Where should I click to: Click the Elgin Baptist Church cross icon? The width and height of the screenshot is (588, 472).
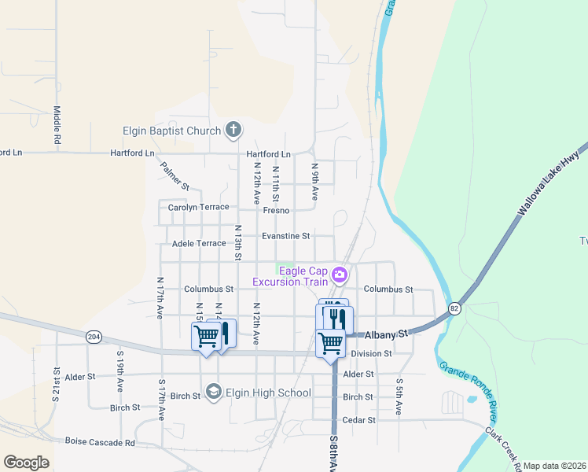(x=233, y=131)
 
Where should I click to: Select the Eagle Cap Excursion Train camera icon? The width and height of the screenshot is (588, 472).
(x=340, y=275)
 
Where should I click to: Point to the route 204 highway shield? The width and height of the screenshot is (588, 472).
(x=94, y=337)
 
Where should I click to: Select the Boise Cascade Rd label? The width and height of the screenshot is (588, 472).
(x=100, y=442)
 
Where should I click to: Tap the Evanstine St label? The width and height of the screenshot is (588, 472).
(x=285, y=235)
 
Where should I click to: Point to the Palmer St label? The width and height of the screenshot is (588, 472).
(x=175, y=176)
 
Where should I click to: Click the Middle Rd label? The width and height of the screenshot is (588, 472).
(x=57, y=125)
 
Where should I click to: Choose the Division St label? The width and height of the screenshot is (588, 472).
(x=371, y=354)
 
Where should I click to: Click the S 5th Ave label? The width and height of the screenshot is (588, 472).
(x=399, y=397)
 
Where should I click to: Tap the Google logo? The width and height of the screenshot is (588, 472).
(x=26, y=463)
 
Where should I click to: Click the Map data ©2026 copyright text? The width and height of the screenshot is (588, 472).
(x=553, y=466)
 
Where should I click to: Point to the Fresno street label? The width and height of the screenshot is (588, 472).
(x=276, y=211)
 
